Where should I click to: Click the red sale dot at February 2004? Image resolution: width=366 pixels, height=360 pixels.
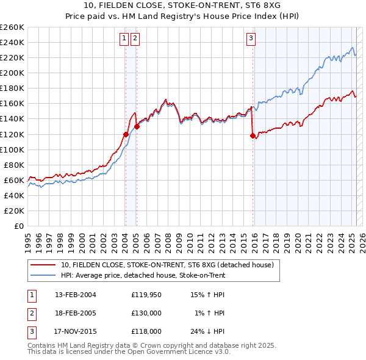(126, 134)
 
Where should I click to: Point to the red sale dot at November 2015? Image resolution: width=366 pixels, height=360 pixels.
(252, 135)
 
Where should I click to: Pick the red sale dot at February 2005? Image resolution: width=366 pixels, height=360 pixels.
(137, 126)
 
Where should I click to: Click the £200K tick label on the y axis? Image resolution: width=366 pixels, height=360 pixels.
(12, 73)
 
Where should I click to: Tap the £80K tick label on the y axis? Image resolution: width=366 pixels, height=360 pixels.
(14, 165)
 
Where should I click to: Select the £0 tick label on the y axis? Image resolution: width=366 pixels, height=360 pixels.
(18, 226)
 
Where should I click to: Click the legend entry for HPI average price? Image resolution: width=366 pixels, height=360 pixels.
(143, 275)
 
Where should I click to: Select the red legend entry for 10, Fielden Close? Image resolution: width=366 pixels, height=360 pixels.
(170, 265)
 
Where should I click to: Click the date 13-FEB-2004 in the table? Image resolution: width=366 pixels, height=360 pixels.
(76, 295)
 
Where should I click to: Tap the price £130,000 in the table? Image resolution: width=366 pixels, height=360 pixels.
(146, 313)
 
